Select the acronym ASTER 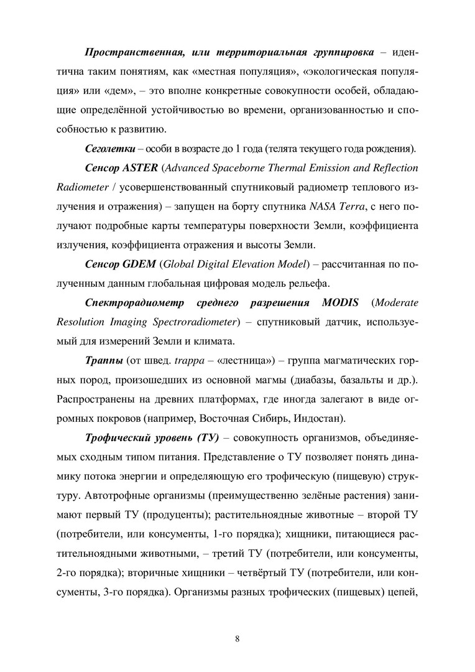coord(141,168)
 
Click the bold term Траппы coord(103,360)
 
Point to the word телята coord(277,150)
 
